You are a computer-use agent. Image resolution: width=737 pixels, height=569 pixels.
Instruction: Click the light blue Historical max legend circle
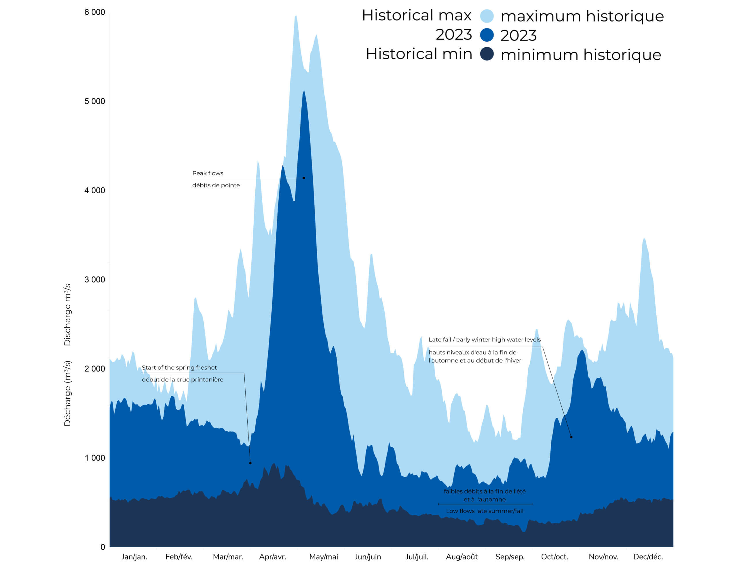[487, 16]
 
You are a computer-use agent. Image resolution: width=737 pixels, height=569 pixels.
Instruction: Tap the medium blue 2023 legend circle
[487, 35]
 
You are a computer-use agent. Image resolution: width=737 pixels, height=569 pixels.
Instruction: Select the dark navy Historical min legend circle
[487, 54]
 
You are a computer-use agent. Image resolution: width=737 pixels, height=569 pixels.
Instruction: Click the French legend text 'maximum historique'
[582, 16]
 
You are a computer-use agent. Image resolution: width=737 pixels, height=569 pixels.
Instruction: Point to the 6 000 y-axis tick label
[94, 12]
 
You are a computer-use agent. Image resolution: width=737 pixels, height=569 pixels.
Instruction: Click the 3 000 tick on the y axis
[94, 280]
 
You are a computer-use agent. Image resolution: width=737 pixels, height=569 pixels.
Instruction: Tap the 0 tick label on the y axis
[102, 547]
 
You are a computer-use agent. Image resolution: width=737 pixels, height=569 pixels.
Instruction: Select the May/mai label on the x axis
[324, 557]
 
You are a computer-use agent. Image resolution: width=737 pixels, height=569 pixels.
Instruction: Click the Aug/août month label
[462, 557]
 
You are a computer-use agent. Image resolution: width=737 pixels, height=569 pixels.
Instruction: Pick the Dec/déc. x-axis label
[648, 557]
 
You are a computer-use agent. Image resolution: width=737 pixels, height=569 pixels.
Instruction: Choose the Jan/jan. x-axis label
[134, 557]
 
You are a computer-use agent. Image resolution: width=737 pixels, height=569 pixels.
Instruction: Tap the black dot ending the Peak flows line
[304, 178]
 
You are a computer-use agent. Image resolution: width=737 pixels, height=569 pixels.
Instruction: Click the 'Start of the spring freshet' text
[179, 368]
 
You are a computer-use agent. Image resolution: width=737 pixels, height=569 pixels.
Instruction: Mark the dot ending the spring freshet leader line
[250, 463]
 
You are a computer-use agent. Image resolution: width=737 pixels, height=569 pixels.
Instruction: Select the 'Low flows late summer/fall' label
[485, 511]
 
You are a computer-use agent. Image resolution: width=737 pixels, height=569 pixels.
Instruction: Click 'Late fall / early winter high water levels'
[485, 340]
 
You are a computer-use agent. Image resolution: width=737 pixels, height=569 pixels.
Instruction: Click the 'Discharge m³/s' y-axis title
[67, 315]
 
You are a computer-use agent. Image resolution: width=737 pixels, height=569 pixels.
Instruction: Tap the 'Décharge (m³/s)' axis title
[67, 393]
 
